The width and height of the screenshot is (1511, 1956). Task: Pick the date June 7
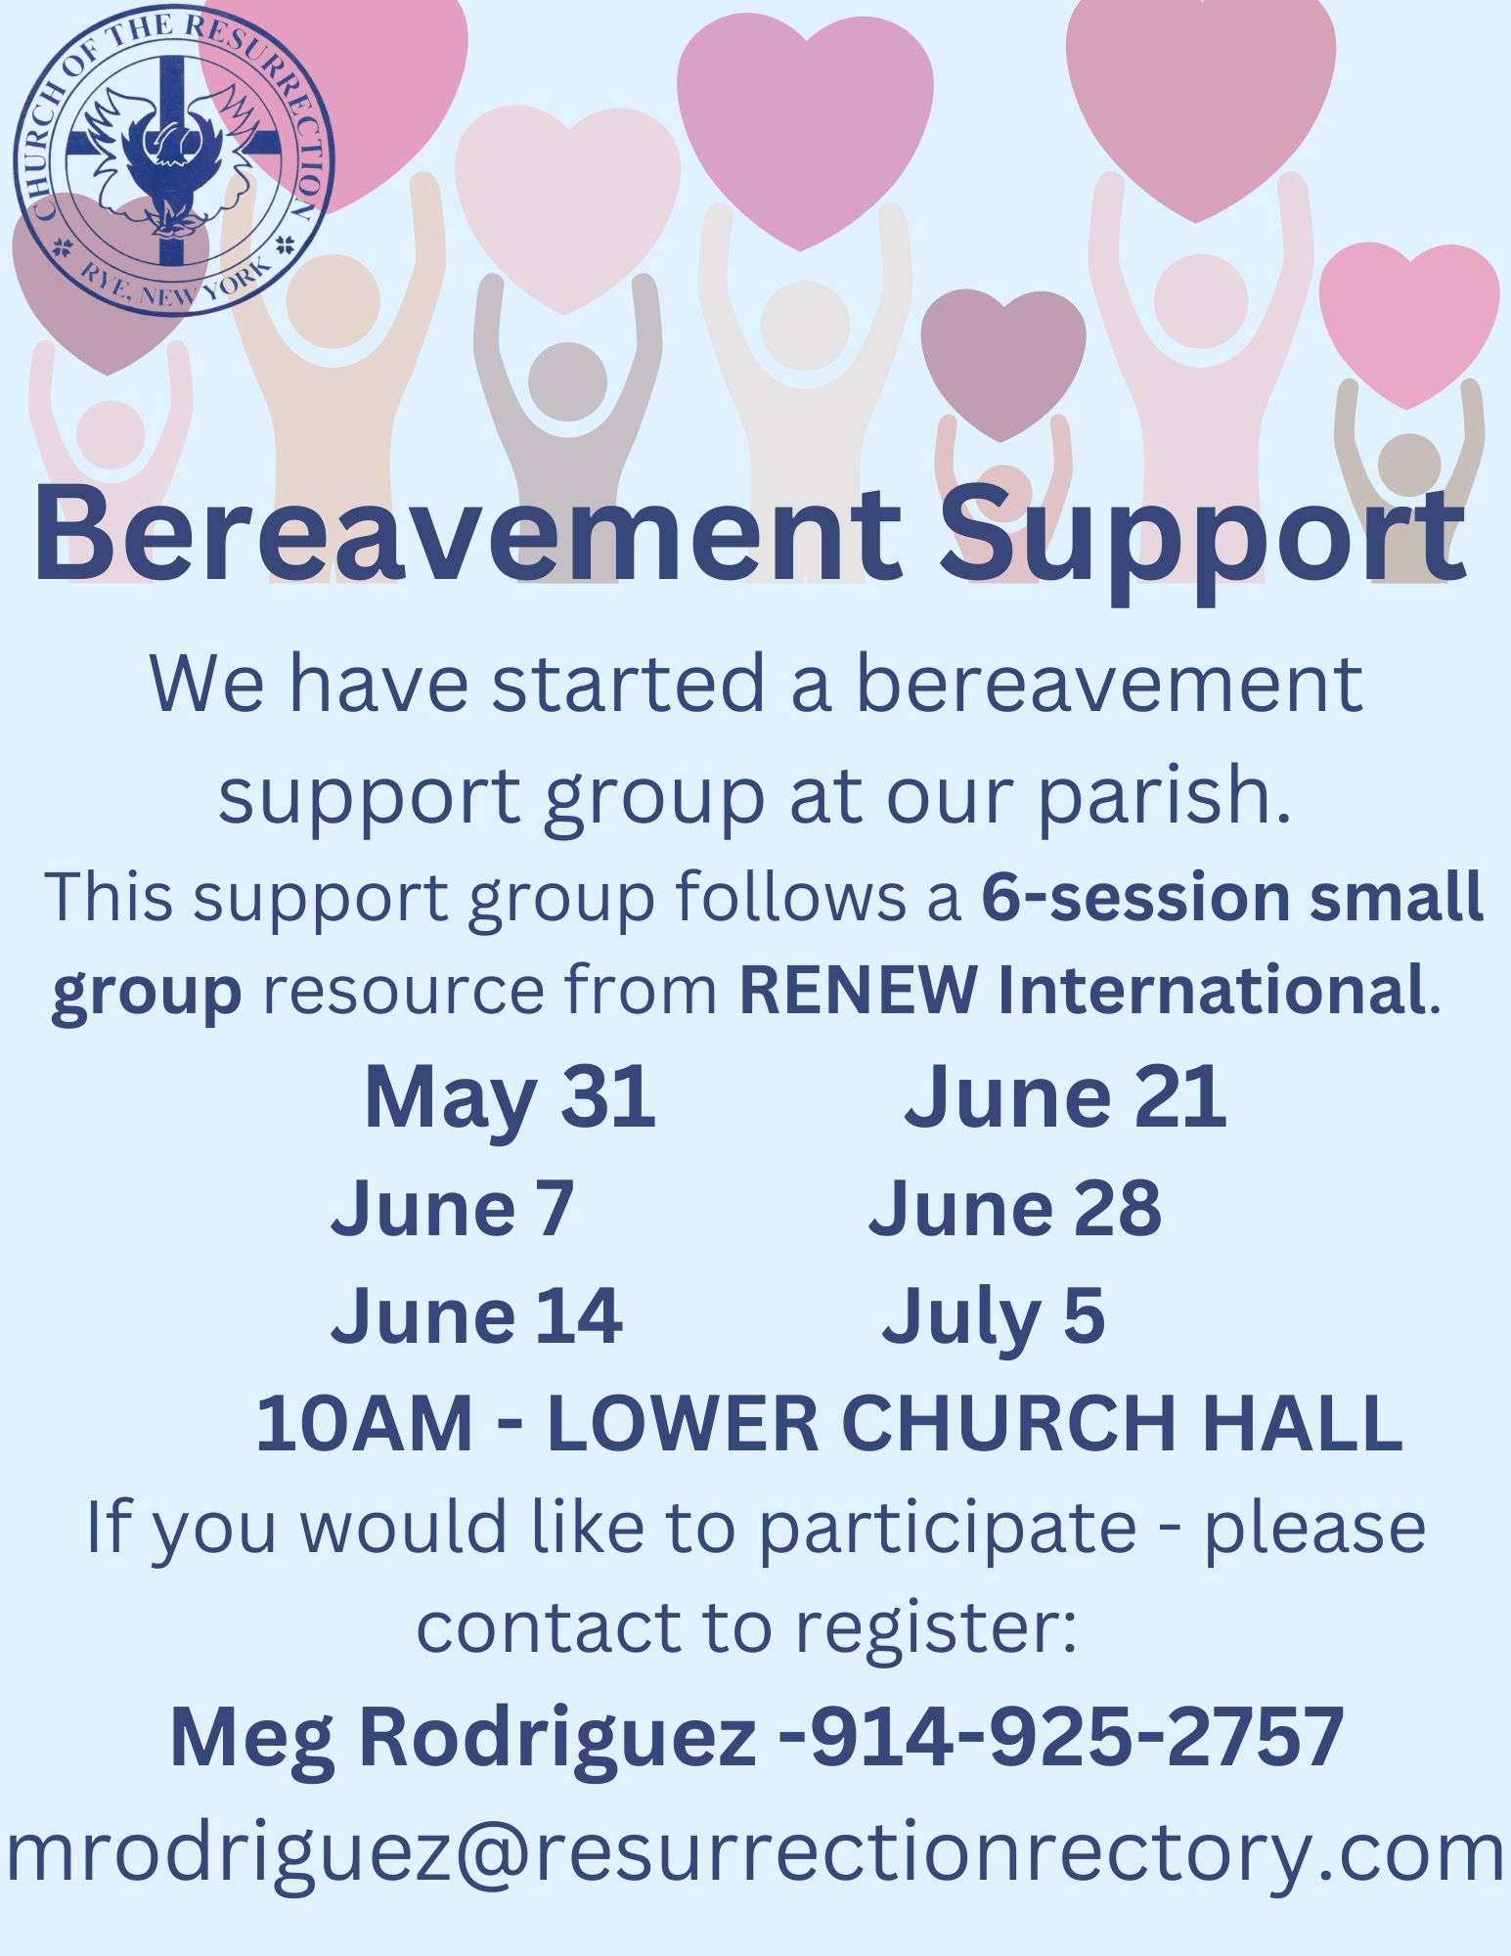click(x=452, y=1209)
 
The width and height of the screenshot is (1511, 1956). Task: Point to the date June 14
click(x=476, y=1316)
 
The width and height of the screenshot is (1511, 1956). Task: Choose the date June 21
click(x=1065, y=1097)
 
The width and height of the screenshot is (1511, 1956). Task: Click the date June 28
click(x=1015, y=1209)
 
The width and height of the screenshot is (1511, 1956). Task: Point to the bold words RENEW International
click(x=1082, y=992)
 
